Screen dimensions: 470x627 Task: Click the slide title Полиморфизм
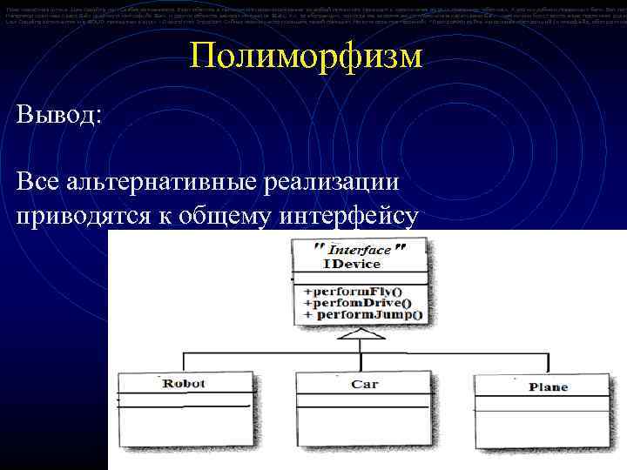tap(306, 58)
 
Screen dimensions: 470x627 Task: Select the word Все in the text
tap(38, 183)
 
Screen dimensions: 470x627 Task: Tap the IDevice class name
tap(352, 264)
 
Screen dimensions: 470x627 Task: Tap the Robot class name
tap(184, 383)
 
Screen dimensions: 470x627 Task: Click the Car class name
tap(364, 384)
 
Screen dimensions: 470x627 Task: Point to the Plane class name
tap(548, 387)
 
